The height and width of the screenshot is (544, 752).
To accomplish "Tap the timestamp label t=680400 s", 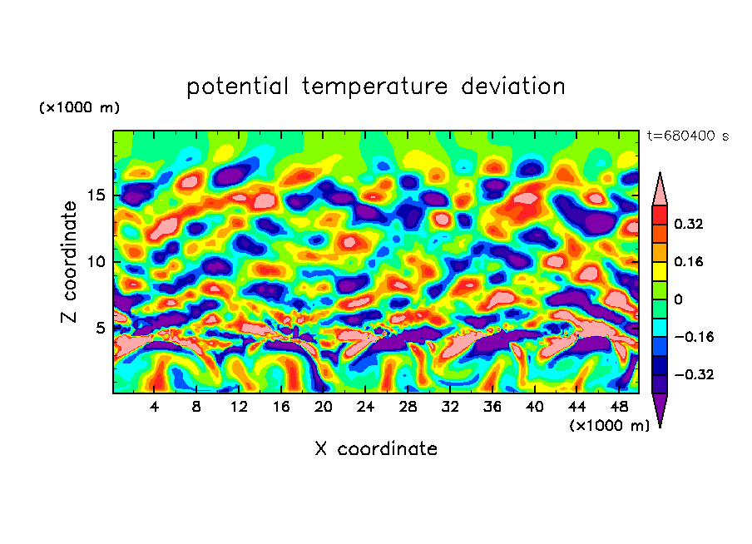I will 687,136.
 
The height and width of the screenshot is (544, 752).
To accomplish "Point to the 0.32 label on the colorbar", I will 690,224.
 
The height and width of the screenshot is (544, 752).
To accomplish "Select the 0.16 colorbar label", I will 690,261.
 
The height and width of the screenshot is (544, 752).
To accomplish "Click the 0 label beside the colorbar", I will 678,299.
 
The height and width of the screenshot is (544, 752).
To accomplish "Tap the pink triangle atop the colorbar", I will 660,190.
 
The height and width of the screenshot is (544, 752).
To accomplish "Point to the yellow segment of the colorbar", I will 660,270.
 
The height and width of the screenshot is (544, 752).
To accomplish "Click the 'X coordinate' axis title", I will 376,449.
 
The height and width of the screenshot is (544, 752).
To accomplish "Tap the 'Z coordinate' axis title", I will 70,262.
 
